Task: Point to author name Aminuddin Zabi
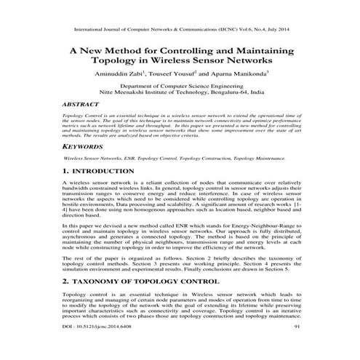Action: point(122,73)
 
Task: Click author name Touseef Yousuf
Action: point(175,73)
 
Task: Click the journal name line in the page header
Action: point(180,31)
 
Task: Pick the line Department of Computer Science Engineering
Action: point(180,86)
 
